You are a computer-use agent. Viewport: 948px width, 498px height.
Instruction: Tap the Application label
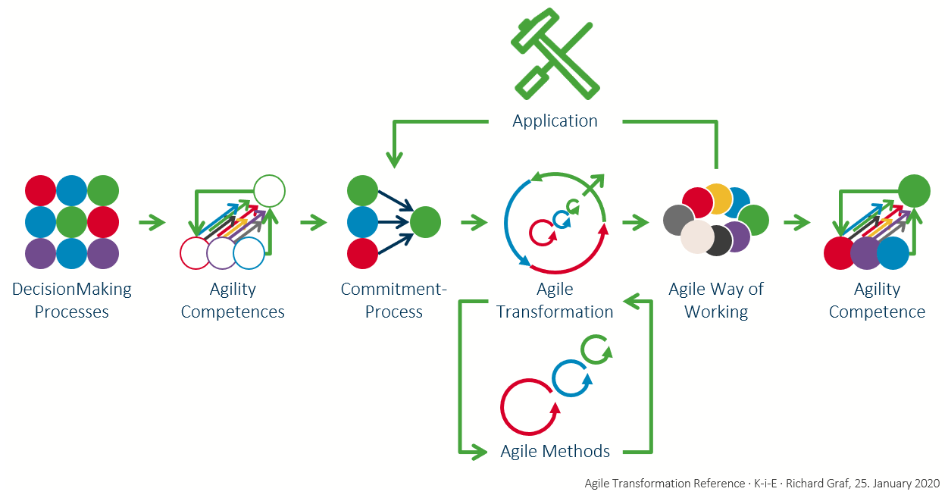pyautogui.click(x=555, y=121)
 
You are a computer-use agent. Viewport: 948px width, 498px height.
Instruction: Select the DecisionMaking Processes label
pyautogui.click(x=72, y=300)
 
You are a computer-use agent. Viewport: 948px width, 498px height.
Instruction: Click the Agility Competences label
pyautogui.click(x=233, y=300)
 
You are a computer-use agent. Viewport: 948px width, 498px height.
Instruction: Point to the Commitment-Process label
pyautogui.click(x=394, y=300)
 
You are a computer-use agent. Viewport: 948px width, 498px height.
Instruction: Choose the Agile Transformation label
pyautogui.click(x=555, y=300)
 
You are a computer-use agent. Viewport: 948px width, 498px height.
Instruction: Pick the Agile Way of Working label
pyautogui.click(x=716, y=300)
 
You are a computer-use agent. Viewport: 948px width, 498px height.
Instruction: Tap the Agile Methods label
pyautogui.click(x=555, y=451)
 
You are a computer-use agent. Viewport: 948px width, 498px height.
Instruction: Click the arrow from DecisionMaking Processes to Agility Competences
pyautogui.click(x=152, y=223)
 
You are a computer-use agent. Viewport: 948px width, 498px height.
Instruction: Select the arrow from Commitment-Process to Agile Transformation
pyautogui.click(x=474, y=223)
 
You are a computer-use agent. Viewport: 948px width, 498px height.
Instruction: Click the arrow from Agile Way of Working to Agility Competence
pyautogui.click(x=797, y=223)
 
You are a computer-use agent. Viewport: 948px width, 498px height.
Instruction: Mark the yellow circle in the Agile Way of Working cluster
pyautogui.click(x=718, y=199)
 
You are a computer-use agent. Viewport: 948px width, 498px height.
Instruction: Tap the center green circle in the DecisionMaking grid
pyautogui.click(x=72, y=222)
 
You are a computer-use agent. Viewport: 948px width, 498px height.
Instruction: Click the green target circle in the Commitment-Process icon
pyautogui.click(x=425, y=222)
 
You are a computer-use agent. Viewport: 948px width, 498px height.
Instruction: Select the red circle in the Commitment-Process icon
pyautogui.click(x=363, y=253)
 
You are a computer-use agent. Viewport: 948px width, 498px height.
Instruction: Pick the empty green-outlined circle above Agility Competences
pyautogui.click(x=269, y=191)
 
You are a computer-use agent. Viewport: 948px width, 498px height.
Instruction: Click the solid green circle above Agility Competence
pyautogui.click(x=914, y=191)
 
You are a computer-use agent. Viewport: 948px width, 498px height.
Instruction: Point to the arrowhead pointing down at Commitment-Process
pyautogui.click(x=394, y=159)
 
